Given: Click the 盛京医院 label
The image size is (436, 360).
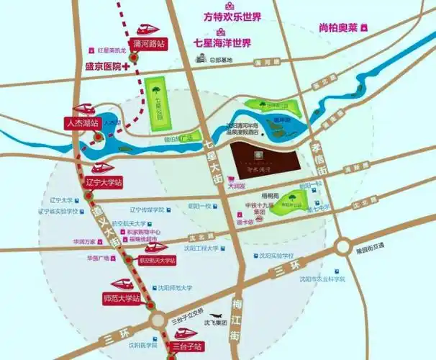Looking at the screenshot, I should click(100, 66).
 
